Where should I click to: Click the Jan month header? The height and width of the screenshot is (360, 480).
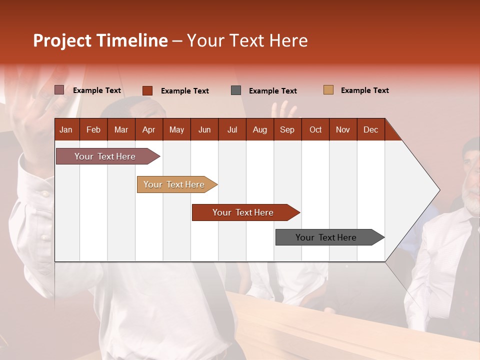coord(66,129)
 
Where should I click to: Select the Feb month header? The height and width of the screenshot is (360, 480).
coord(93,129)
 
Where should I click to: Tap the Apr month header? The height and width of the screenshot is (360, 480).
coord(148,129)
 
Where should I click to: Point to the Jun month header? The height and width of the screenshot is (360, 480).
coord(204,129)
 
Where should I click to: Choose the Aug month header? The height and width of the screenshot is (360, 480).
coord(259,129)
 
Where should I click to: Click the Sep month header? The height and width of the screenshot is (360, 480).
coord(287,129)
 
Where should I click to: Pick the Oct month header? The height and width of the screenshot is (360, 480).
coord(315,129)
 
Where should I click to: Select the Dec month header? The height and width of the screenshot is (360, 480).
coord(370,129)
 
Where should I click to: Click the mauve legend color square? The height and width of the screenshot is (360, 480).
coord(59,90)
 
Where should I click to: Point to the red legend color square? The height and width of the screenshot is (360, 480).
coord(147,90)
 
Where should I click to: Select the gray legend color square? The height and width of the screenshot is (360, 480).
coord(236,90)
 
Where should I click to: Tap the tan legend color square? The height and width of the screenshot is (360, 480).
coord(328,90)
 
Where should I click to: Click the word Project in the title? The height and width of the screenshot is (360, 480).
coord(62,40)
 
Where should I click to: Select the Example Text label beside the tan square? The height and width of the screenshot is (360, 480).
coord(364,90)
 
